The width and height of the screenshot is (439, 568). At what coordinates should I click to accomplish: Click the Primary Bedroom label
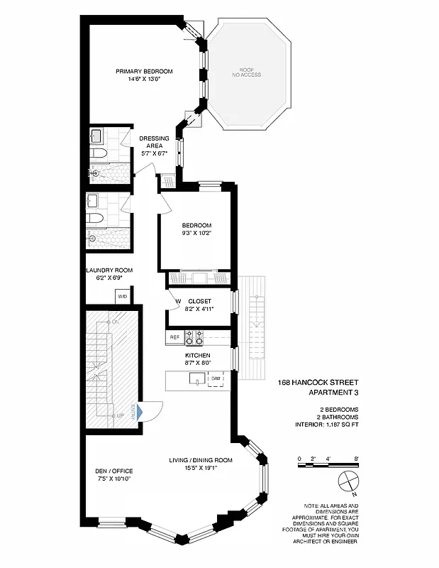pos(145,71)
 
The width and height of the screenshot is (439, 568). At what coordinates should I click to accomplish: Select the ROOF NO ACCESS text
pos(250,72)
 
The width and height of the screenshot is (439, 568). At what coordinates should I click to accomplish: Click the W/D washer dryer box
pos(122,296)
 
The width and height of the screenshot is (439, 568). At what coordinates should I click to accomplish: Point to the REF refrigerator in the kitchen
pos(174,337)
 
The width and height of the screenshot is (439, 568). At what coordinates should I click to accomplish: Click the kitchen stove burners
pos(194,337)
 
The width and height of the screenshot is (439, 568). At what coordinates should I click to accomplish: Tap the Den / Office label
pos(113,471)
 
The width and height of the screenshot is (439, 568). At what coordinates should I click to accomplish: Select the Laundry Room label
pos(109,271)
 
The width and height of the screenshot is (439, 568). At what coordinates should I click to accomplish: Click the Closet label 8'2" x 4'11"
pos(199,301)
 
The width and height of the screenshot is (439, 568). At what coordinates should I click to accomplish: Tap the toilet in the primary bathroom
pos(99,153)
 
